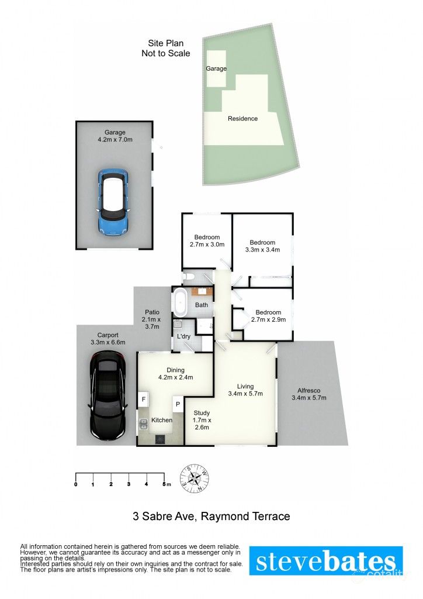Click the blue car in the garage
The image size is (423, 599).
pyautogui.click(x=113, y=201)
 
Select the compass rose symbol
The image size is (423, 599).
pyautogui.click(x=195, y=478)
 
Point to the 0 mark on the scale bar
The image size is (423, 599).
pyautogui.click(x=76, y=484)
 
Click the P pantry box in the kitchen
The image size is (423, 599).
pyautogui.click(x=178, y=404)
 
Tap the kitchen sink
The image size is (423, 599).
pyautogui.click(x=144, y=424)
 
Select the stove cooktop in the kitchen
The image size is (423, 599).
pyautogui.click(x=160, y=439)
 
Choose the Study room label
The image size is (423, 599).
pyautogui.click(x=202, y=420)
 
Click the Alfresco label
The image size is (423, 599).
pyautogui.click(x=309, y=394)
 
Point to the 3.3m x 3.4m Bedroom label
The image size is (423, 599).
pyautogui.click(x=262, y=246)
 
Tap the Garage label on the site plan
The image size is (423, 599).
pyautogui.click(x=216, y=68)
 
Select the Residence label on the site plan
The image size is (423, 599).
pyautogui.click(x=242, y=118)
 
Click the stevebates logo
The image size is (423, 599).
pyautogui.click(x=326, y=560)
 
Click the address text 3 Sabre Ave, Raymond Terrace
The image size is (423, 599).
pyautogui.click(x=211, y=517)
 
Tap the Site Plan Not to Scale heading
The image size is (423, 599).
pyautogui.click(x=165, y=48)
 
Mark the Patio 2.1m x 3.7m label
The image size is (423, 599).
pyautogui.click(x=152, y=319)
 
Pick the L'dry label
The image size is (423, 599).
pyautogui.click(x=184, y=336)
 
